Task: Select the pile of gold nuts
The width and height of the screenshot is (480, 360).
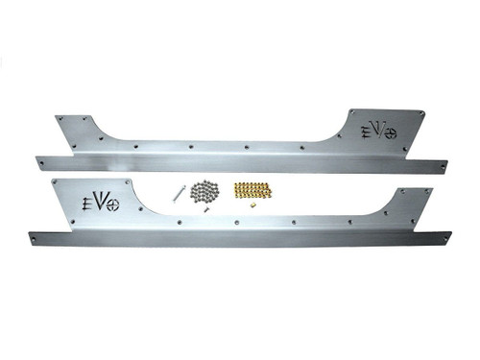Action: point(252,189)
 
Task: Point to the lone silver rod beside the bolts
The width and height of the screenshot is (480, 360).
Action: point(179,193)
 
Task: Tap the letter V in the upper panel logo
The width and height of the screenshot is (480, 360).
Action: point(379,130)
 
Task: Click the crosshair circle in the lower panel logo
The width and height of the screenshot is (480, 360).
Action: point(113,204)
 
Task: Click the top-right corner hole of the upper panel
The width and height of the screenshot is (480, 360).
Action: point(415,112)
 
